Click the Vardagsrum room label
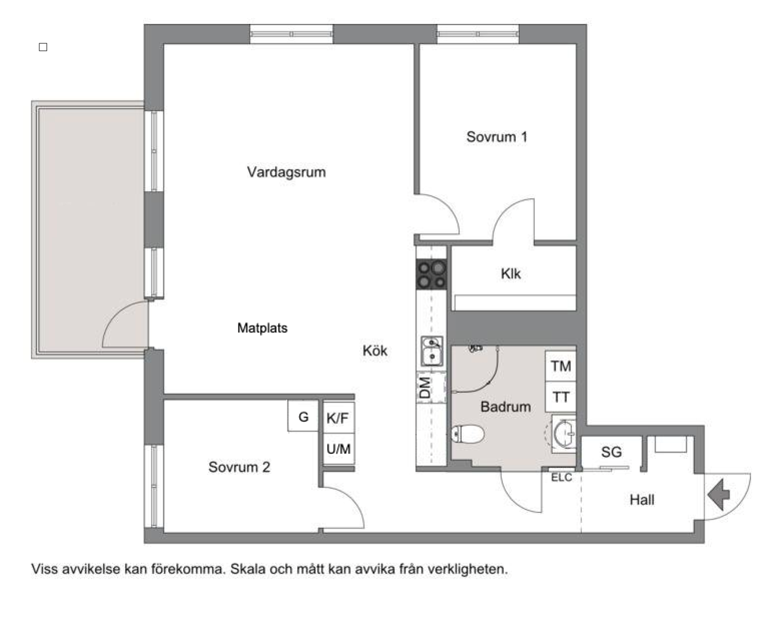click(286, 172)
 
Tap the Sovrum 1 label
click(497, 137)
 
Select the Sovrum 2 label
click(239, 467)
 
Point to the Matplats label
click(262, 328)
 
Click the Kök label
click(375, 351)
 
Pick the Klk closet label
click(511, 274)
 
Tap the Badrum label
click(505, 407)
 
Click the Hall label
click(642, 500)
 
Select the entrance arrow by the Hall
click(718, 494)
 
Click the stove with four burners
click(431, 274)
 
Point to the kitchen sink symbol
click(432, 351)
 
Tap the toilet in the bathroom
click(467, 434)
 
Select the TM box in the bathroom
click(560, 366)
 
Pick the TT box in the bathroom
click(560, 397)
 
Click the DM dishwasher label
click(425, 388)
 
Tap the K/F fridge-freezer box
click(338, 417)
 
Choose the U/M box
click(338, 449)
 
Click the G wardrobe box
click(303, 417)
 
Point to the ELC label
click(562, 478)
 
